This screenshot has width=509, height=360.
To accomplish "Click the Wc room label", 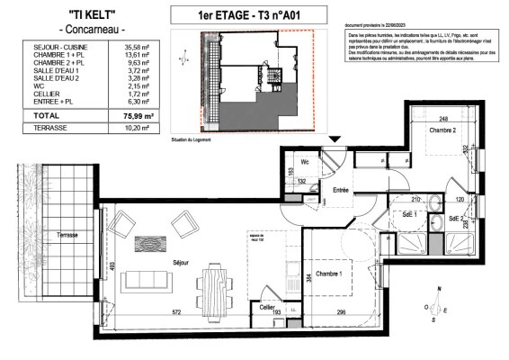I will [305, 163].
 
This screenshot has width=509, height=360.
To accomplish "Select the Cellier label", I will [266, 307].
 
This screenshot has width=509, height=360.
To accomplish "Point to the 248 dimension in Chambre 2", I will [443, 120].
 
